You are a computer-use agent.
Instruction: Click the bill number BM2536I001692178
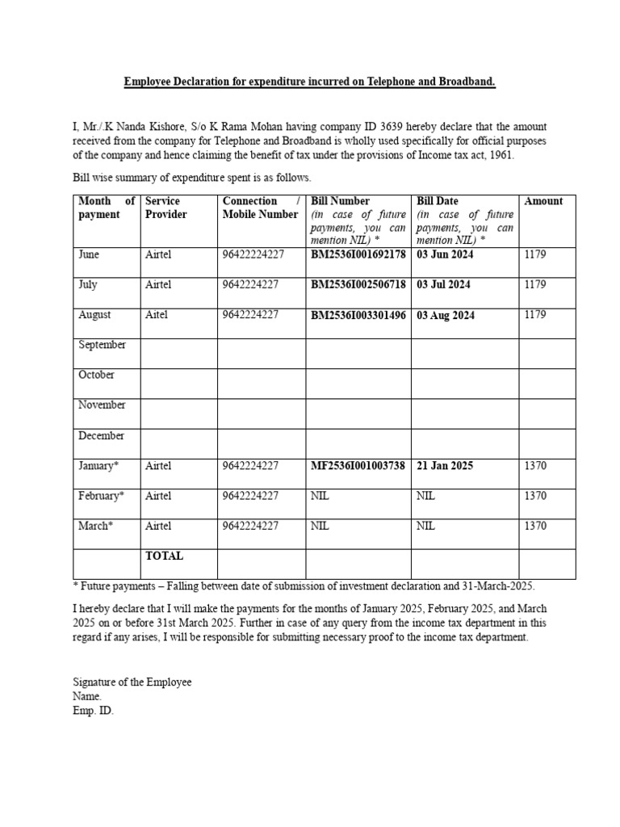(358, 254)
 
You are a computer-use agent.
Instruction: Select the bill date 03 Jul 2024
(443, 284)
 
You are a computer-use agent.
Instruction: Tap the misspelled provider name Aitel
(157, 315)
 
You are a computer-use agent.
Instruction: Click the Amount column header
(543, 201)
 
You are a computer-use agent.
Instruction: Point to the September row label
(102, 345)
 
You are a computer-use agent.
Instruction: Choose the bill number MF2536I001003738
(358, 466)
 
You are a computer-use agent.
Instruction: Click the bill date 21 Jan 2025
(445, 466)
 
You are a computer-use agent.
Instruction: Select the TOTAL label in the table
(164, 556)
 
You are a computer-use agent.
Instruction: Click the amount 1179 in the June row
(535, 254)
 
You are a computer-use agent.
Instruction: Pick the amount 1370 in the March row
(535, 526)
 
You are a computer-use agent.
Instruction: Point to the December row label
(101, 436)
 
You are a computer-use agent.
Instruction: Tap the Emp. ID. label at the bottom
(93, 712)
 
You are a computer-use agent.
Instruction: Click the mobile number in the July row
(250, 284)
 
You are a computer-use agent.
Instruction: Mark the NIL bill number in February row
(320, 496)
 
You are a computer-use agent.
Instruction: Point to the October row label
(96, 375)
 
